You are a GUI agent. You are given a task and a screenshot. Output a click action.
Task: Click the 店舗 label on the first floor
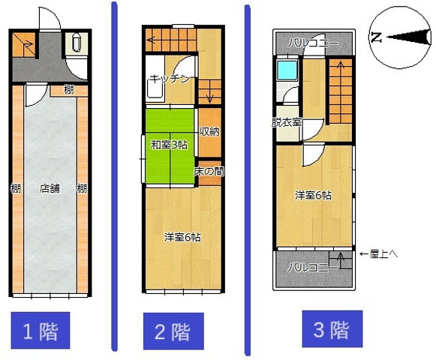point(50,188)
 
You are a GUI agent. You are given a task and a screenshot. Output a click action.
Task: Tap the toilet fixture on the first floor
point(77,43)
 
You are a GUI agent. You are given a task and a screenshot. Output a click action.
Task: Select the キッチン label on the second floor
point(170,79)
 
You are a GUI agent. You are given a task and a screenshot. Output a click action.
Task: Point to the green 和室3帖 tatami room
point(170,146)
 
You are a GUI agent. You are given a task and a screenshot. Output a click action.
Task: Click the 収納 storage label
point(210,131)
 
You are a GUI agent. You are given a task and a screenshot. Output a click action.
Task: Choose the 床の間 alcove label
point(209,171)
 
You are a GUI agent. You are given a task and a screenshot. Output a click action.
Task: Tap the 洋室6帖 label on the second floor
point(182,238)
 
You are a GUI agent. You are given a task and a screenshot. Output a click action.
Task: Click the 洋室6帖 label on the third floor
point(313,196)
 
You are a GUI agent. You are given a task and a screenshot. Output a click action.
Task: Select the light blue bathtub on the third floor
point(287,70)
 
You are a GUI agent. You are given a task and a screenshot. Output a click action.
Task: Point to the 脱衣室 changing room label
point(287,122)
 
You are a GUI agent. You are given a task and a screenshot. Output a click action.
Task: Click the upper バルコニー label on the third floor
point(313,43)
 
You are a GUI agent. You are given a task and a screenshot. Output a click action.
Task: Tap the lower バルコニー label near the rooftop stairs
point(312,268)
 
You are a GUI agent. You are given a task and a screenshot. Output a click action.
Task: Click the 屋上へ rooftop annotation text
point(379,253)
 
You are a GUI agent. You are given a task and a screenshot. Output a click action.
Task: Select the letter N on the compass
point(377,37)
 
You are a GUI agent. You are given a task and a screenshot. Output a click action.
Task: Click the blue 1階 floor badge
point(41,331)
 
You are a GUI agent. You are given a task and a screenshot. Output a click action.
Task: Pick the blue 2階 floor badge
point(173,331)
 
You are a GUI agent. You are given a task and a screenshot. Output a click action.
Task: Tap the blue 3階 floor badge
point(332,328)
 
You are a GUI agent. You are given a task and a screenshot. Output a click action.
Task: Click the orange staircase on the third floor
point(341,91)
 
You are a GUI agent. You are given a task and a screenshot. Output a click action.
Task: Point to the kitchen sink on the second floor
point(155,88)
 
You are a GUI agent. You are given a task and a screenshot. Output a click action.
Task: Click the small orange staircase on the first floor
point(24,44)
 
